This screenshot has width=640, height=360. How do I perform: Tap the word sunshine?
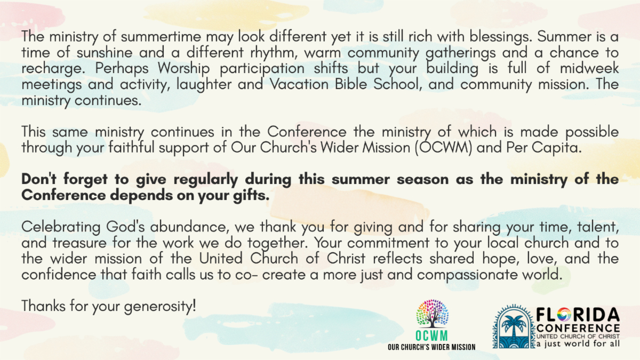[x=105, y=53]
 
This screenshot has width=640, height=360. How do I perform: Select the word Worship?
[x=183, y=69]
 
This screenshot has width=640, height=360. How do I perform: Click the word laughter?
[x=204, y=85]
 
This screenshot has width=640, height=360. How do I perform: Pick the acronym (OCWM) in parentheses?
[x=443, y=148]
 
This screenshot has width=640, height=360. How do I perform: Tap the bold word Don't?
[x=39, y=179]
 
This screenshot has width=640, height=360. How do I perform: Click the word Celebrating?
[x=61, y=227]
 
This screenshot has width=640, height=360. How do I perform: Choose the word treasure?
[x=79, y=243]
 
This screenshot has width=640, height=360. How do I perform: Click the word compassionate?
[x=467, y=275]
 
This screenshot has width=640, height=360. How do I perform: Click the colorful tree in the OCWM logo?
[x=433, y=314]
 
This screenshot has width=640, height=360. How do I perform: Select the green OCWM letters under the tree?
[x=431, y=335]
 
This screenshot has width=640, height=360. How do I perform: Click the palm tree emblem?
[x=514, y=326]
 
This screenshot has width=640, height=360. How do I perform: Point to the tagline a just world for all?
[x=578, y=343]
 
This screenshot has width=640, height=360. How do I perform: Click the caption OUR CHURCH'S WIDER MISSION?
[x=431, y=347]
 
